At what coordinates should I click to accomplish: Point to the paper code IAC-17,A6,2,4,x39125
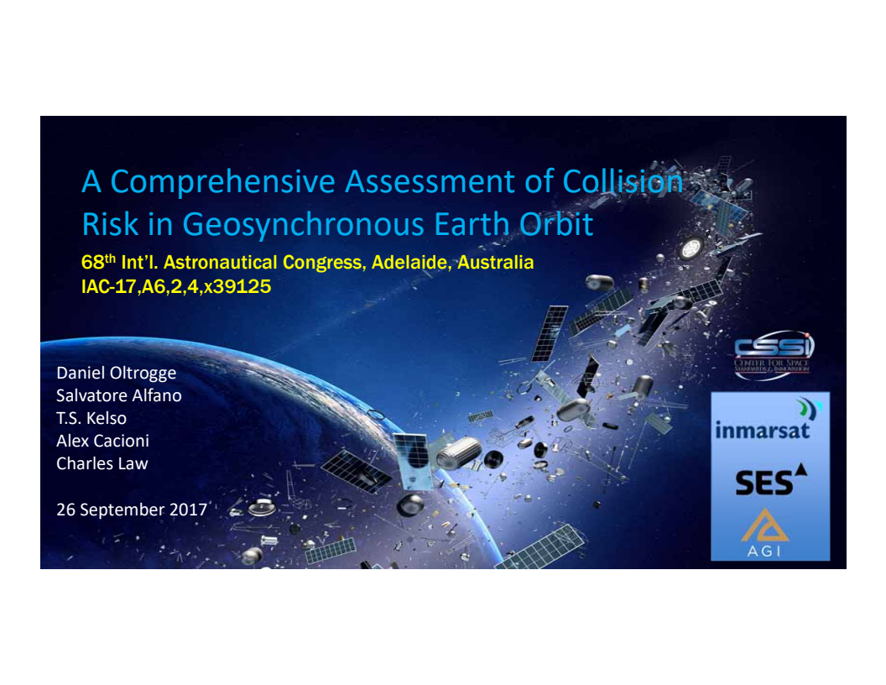pyautogui.click(x=175, y=287)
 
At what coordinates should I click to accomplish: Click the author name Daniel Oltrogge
pyautogui.click(x=116, y=373)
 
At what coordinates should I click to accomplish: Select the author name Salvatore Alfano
pyautogui.click(x=118, y=395)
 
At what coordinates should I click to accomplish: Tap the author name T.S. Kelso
pyautogui.click(x=91, y=418)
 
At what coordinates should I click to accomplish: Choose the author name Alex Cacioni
pyautogui.click(x=102, y=441)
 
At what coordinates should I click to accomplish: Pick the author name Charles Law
pyautogui.click(x=102, y=463)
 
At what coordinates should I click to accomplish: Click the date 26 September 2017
pyautogui.click(x=131, y=509)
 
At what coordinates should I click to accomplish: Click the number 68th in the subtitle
pyautogui.click(x=98, y=263)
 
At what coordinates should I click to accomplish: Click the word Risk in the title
pyautogui.click(x=108, y=224)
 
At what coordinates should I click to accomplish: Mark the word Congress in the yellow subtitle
pyautogui.click(x=322, y=263)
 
